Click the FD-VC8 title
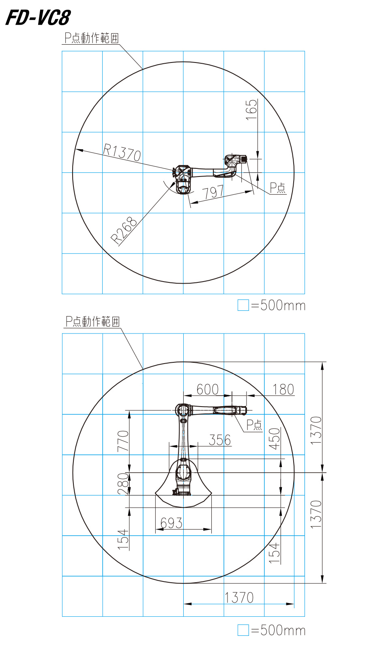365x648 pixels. tap(38, 17)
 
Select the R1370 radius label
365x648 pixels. tap(122, 152)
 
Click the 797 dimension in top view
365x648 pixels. tap(213, 192)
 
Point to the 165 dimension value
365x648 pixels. tap(251, 109)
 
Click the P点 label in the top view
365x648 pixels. tap(278, 187)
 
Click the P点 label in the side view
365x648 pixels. tap(254, 425)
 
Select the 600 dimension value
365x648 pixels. tap(207, 390)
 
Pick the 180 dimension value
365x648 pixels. tap(283, 390)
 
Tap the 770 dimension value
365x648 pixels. tap(123, 441)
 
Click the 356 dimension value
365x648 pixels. tap(219, 440)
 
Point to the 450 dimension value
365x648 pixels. tap(275, 439)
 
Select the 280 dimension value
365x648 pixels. tap(123, 484)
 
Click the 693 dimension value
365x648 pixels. tap(171, 523)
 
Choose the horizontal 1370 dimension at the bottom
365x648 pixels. tap(239, 597)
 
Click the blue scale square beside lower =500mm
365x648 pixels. tap(243, 630)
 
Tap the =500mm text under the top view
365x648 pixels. tap(278, 305)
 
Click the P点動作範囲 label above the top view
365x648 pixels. tap(91, 38)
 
